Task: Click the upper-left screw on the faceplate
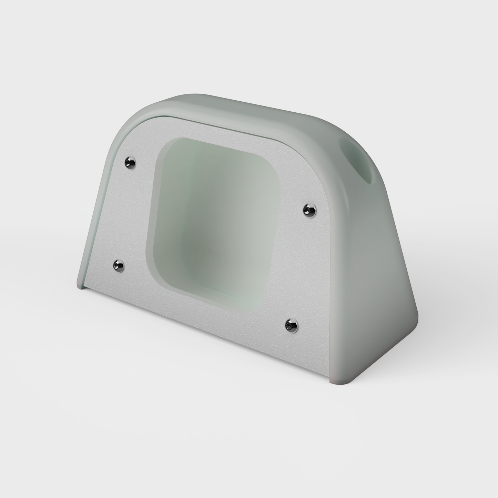point(130,162)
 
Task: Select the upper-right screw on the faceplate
point(309,210)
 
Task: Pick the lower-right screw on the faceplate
point(292,325)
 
